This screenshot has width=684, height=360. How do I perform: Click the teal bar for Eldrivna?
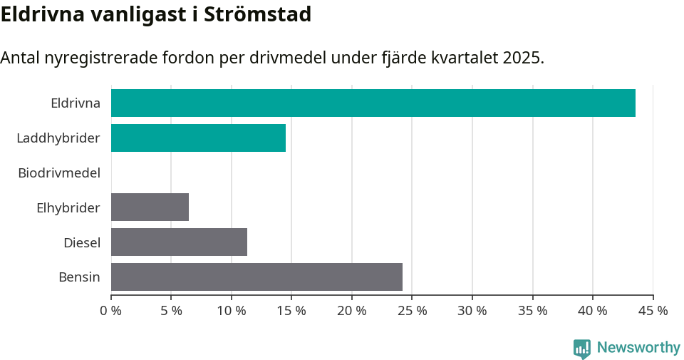(x=373, y=103)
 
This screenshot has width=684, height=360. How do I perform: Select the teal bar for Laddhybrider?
(x=198, y=138)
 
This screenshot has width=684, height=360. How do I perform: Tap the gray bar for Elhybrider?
(x=150, y=207)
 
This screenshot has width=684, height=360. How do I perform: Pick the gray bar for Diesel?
(x=179, y=242)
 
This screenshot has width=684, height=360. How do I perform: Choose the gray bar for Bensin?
(x=256, y=277)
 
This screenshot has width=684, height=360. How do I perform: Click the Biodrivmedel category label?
(x=59, y=173)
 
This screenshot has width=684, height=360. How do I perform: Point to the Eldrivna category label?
(x=76, y=103)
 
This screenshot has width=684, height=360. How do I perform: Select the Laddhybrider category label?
(x=58, y=138)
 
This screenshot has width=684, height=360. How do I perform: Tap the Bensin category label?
(x=79, y=277)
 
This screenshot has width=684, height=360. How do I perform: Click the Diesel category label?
(x=82, y=242)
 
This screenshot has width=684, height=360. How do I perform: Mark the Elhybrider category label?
(x=68, y=207)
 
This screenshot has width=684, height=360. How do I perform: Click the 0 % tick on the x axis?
(x=111, y=311)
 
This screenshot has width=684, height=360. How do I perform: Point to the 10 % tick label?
(x=232, y=311)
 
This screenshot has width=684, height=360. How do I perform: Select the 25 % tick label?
(x=413, y=311)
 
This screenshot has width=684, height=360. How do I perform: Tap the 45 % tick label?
(x=653, y=311)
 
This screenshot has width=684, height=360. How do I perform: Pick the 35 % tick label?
(x=533, y=311)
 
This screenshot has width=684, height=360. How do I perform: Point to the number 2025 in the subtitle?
(x=522, y=58)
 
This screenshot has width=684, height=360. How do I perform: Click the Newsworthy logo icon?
(x=582, y=348)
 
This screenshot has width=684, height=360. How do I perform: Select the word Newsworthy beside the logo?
(x=638, y=348)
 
